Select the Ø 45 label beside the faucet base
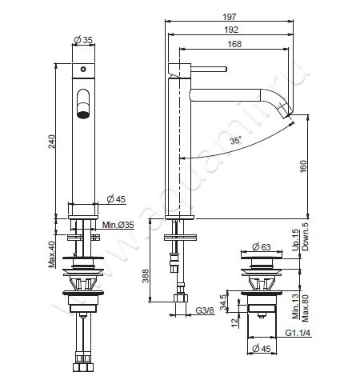tap(117, 200)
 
